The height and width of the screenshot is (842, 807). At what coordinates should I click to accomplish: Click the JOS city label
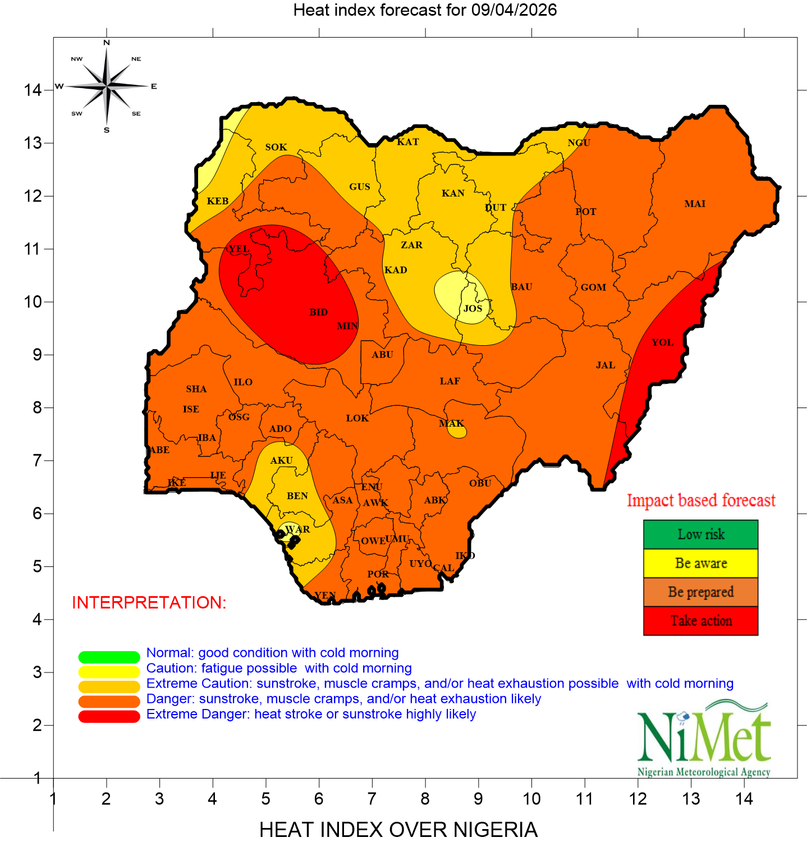pos(473,308)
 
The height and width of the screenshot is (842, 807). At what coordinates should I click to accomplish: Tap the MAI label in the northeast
pos(695,204)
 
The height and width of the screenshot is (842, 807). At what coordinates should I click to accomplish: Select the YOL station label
pos(662,342)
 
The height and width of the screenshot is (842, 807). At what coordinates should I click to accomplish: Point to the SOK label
pos(276,147)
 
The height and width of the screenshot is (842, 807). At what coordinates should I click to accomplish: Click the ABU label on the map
pos(383,355)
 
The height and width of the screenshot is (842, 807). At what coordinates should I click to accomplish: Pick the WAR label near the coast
pos(297,529)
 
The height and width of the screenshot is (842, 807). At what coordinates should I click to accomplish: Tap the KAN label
pos(453,193)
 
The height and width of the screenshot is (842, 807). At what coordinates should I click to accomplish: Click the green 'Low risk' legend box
pos(700,534)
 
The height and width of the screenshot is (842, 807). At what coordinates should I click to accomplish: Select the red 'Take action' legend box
pos(700,621)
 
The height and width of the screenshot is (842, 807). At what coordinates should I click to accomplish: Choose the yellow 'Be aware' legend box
pos(700,563)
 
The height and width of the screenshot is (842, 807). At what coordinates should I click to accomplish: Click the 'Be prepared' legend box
pos(700,592)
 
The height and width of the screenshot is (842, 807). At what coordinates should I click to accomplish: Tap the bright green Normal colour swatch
pos(109,657)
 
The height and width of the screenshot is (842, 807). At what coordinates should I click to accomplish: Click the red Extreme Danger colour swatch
pos(109,717)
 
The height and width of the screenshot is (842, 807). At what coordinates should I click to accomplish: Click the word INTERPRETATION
pos(149,602)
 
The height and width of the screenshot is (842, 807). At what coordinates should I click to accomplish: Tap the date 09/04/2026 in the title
pos(513,10)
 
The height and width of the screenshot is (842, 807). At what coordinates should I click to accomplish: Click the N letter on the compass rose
pos(107,43)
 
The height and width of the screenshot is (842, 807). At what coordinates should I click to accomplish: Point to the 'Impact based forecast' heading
pos(700,500)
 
